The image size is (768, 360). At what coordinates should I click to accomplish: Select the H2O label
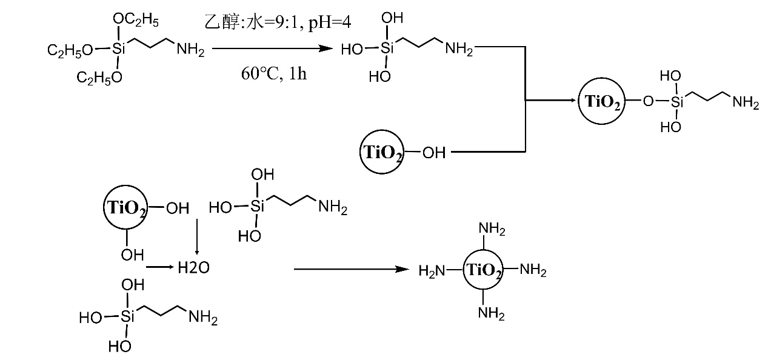coord(193,268)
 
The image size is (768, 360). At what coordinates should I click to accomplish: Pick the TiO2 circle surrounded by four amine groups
coord(483,271)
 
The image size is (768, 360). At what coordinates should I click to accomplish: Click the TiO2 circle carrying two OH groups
coord(124,208)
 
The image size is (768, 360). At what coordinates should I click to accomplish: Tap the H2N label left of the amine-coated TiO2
coord(431,271)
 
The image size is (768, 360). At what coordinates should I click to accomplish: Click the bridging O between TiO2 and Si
coord(648,101)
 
